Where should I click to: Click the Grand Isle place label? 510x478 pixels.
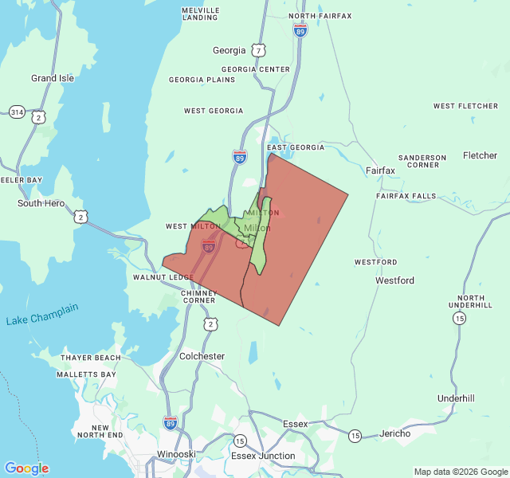pos(53,78)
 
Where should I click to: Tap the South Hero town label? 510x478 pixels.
pos(41,203)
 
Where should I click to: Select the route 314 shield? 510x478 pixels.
pos(17,112)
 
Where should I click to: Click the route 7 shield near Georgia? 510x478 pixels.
pos(259,50)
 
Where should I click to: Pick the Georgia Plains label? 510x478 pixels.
pos(202,80)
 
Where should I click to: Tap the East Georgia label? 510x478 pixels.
pos(296,147)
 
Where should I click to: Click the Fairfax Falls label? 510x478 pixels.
pos(406,196)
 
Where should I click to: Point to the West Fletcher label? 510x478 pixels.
pos(466,106)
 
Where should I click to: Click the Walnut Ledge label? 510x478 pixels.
pos(163,277)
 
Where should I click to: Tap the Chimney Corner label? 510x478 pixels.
pos(198,296)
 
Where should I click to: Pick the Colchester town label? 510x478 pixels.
pos(202,356)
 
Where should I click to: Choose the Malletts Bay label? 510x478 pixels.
pos(87,374)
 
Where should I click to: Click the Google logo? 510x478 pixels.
pos(26,468)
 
